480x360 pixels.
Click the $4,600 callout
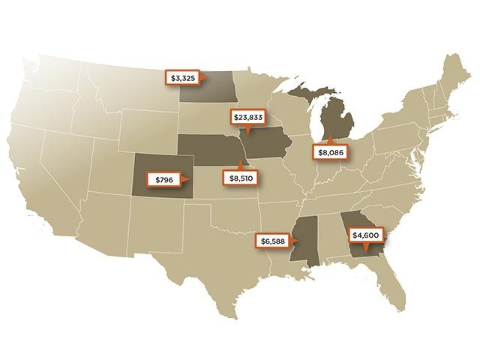click(367, 235)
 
